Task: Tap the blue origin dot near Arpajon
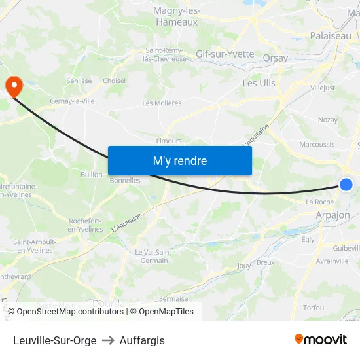pyautogui.click(x=346, y=185)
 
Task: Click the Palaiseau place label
pyautogui.click(x=330, y=36)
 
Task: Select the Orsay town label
pyautogui.click(x=274, y=58)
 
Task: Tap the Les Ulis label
pyautogui.click(x=259, y=83)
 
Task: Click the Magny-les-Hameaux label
pyautogui.click(x=177, y=16)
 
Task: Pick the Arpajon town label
pyautogui.click(x=333, y=215)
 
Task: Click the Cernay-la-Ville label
pyautogui.click(x=73, y=101)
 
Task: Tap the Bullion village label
pyautogui.click(x=92, y=175)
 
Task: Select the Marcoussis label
pyautogui.click(x=317, y=145)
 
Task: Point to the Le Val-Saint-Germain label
pyautogui.click(x=154, y=257)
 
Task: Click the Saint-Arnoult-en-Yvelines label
pyautogui.click(x=34, y=246)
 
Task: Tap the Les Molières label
pyautogui.click(x=162, y=103)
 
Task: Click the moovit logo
pyautogui.click(x=321, y=340)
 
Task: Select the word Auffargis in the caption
pyautogui.click(x=142, y=340)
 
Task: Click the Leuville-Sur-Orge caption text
pyautogui.click(x=54, y=340)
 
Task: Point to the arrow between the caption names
pyautogui.click(x=108, y=340)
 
